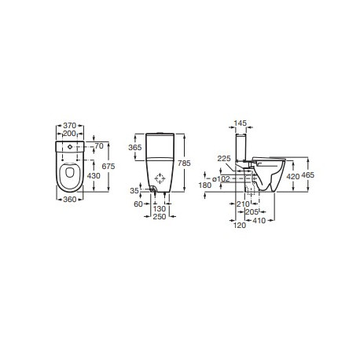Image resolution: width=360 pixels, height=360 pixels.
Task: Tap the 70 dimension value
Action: pos(100,146)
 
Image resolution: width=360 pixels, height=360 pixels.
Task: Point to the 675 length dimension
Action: pos(113,166)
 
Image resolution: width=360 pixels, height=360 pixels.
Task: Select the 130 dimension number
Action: pos(160,208)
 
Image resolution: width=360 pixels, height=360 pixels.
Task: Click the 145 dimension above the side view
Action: pos(241,123)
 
